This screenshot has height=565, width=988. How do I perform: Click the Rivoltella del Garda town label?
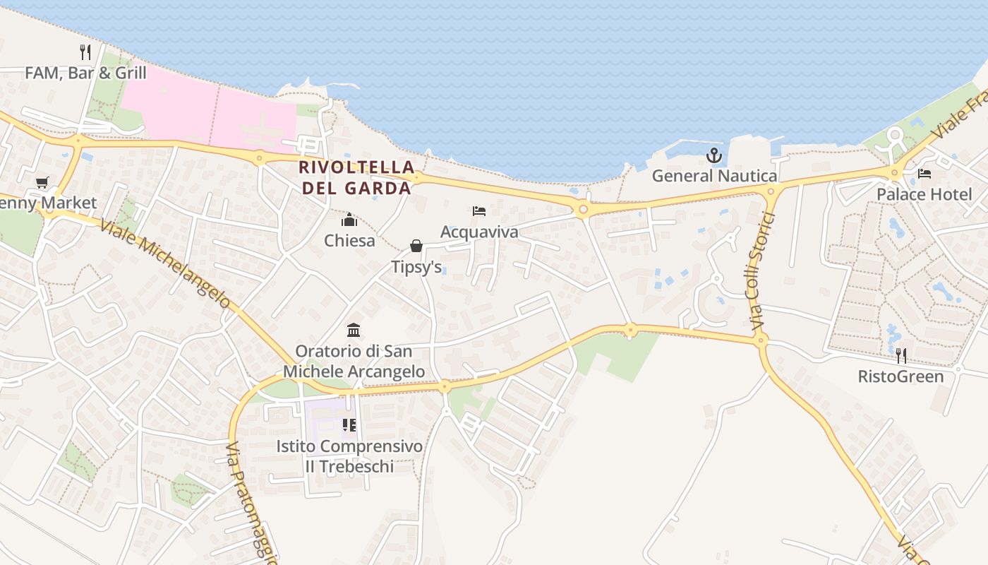(x=356, y=177)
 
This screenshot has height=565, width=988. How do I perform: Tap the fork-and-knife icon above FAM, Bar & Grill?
(x=85, y=52)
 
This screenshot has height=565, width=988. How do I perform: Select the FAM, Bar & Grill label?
(x=85, y=73)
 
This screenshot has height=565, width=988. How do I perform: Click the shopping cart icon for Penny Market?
(x=42, y=182)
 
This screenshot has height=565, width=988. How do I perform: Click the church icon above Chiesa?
(x=349, y=220)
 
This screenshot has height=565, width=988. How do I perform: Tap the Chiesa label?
(x=349, y=241)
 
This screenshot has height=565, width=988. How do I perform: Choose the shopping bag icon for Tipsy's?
(x=416, y=246)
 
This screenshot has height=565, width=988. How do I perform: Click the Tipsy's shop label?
(x=416, y=266)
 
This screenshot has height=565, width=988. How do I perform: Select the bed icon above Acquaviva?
(x=479, y=211)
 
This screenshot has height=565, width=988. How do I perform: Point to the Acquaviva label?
(x=479, y=232)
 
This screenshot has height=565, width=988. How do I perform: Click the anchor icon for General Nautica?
(x=714, y=155)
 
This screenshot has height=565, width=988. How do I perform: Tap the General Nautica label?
(x=714, y=176)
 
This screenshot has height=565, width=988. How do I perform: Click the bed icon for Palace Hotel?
(x=924, y=173)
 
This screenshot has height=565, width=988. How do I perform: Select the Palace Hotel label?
(x=924, y=194)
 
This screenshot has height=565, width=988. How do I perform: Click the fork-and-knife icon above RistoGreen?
(x=900, y=355)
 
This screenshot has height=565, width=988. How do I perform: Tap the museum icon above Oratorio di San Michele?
(x=354, y=330)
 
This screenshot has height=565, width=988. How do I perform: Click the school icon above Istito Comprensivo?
(x=349, y=425)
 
